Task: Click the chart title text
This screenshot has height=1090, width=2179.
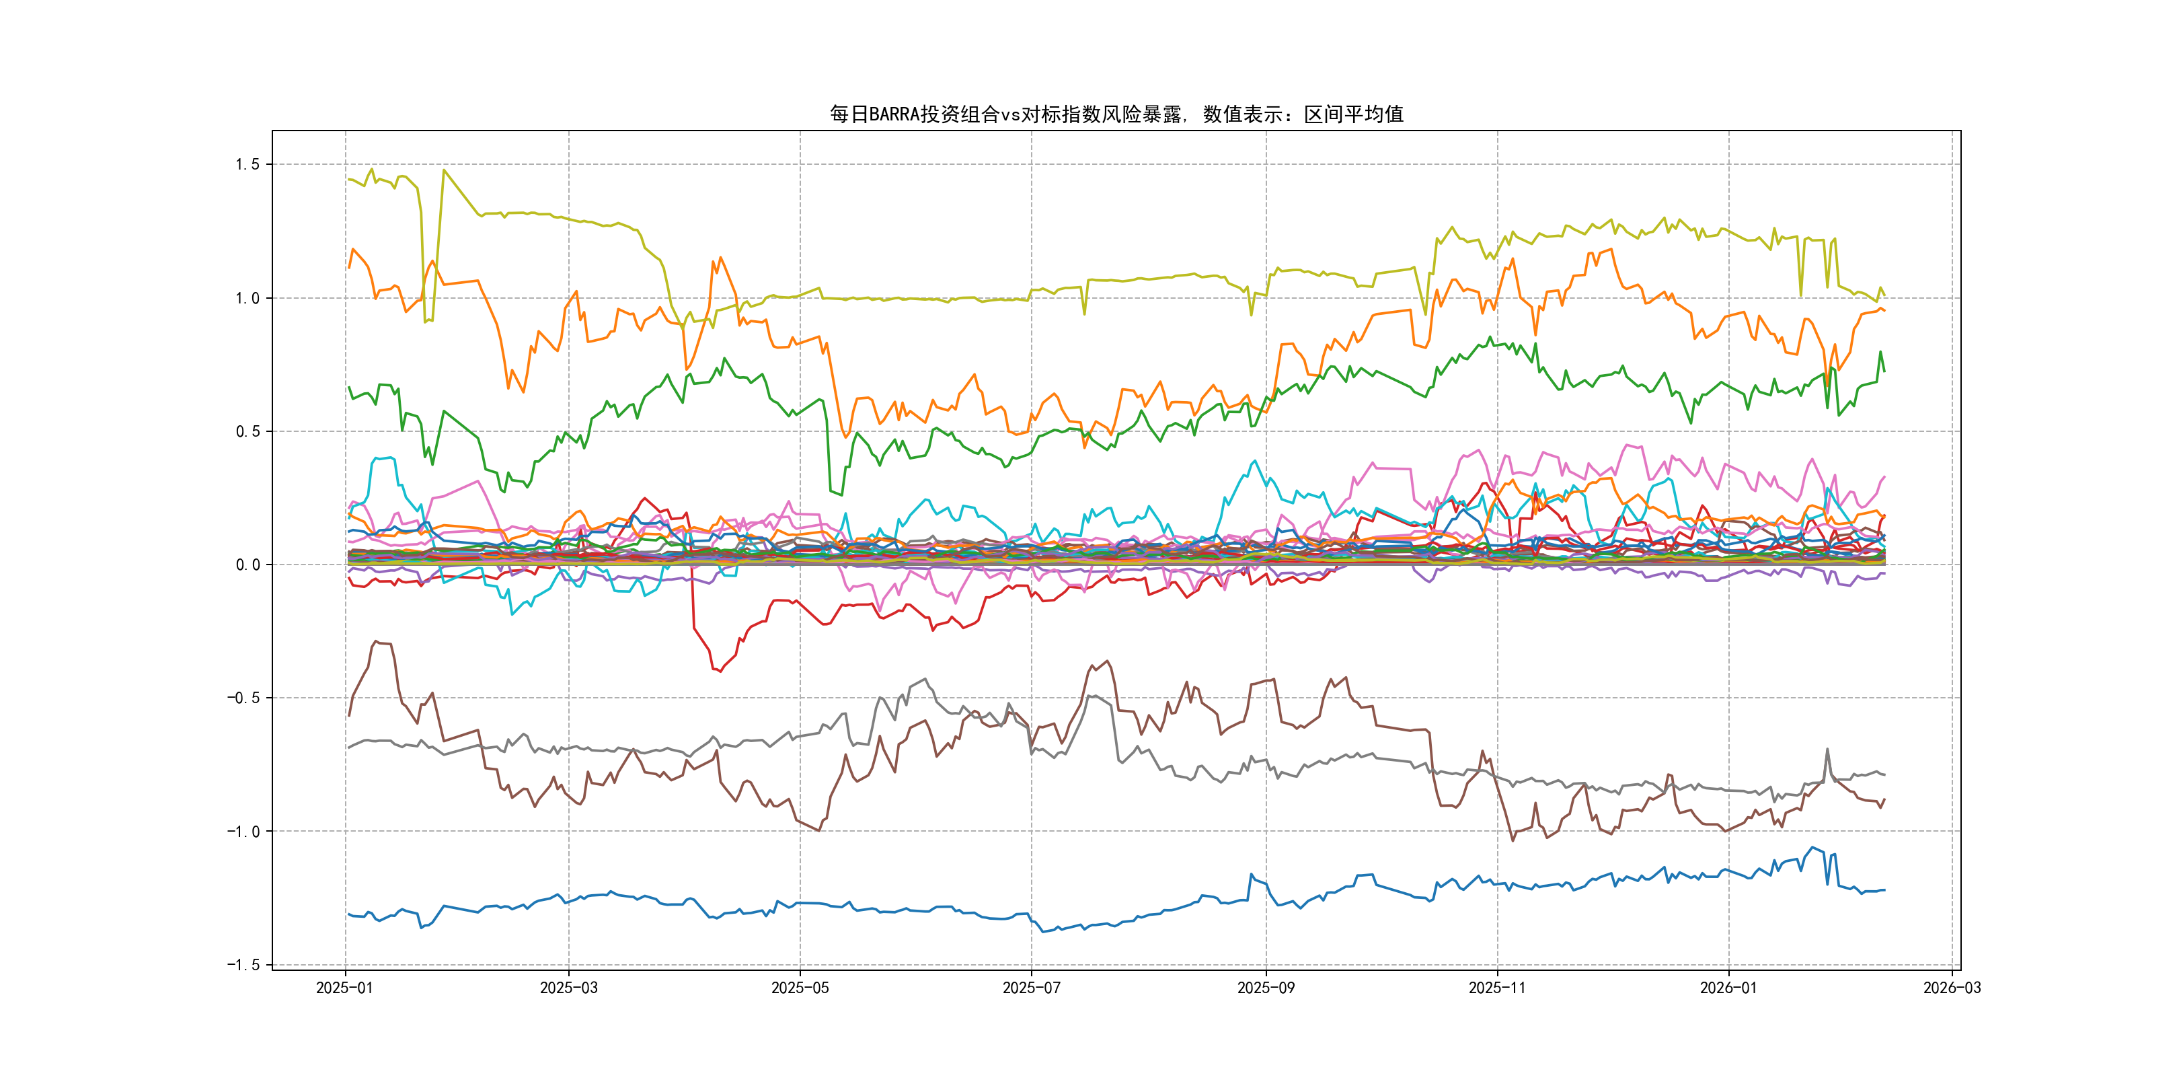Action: (x=1116, y=114)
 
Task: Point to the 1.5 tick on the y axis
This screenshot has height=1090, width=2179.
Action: (x=247, y=164)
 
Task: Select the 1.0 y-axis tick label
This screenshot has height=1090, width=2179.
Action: (x=247, y=298)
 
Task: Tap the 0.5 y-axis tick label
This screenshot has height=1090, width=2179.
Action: (x=247, y=431)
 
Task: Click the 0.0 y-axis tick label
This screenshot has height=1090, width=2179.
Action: (x=247, y=565)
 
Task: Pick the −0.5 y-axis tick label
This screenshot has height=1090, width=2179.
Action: (x=243, y=698)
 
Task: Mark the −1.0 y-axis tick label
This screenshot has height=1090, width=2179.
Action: (x=243, y=831)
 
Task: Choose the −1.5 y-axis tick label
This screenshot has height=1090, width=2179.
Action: (x=243, y=965)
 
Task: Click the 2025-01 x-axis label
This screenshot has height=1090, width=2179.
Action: (x=344, y=988)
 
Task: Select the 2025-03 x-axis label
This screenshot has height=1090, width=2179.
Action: (x=568, y=988)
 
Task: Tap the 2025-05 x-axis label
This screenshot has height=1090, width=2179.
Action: (x=800, y=988)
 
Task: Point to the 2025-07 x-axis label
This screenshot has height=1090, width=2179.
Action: (x=1031, y=988)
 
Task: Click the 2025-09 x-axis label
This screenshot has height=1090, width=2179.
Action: (x=1266, y=988)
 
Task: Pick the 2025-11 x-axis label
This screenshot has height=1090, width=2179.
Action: (x=1497, y=988)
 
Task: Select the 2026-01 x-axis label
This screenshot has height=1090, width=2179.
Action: (x=1728, y=988)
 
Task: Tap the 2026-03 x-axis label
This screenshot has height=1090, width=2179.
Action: (x=1952, y=988)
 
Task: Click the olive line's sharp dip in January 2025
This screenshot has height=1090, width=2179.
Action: (x=426, y=322)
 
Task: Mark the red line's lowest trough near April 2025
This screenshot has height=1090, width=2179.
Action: (x=720, y=671)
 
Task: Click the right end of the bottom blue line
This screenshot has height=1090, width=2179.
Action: (x=1884, y=890)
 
